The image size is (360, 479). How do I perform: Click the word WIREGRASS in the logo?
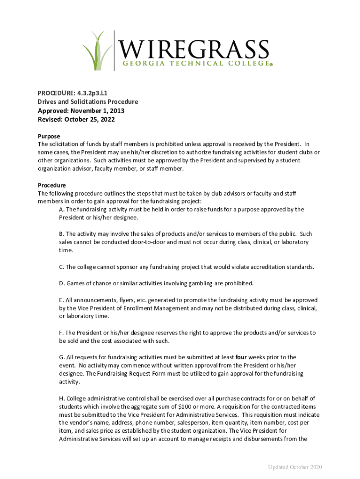pos(194,49)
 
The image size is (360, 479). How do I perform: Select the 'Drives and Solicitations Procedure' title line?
pos(87,102)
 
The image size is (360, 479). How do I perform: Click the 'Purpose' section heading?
pos(49,136)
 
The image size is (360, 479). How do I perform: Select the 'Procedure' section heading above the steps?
pos(51,185)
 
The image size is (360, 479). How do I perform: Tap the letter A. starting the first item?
pos(61,210)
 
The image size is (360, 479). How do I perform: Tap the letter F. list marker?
pos(61,333)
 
